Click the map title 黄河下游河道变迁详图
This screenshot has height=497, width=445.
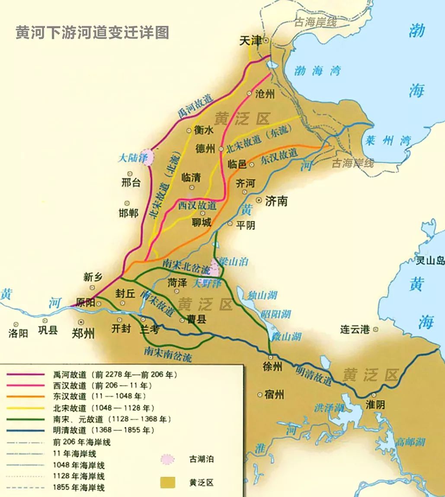pyautogui.click(x=92, y=33)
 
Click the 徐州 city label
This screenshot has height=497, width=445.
pyautogui.click(x=272, y=366)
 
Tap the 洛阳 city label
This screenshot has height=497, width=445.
pyautogui.click(x=18, y=333)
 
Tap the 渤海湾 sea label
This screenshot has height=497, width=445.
pyautogui.click(x=317, y=70)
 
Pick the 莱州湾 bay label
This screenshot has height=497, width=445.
pyautogui.click(x=387, y=140)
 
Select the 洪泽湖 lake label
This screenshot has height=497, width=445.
pyautogui.click(x=329, y=408)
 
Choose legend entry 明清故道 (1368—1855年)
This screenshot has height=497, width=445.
pyautogui.click(x=103, y=430)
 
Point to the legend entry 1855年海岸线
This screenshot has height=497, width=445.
pyautogui.click(x=79, y=488)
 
